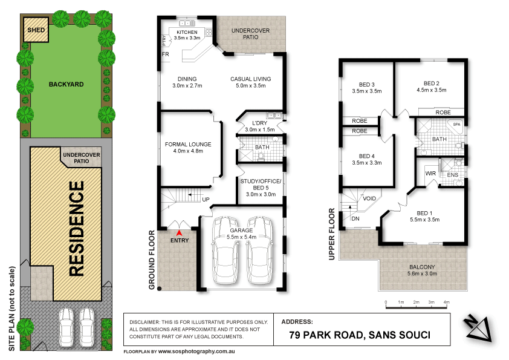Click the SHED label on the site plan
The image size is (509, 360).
pos(34,28)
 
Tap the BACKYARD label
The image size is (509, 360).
pos(66,84)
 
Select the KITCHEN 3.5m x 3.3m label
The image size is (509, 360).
pos(187,34)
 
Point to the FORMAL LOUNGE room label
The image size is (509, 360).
pos(188,148)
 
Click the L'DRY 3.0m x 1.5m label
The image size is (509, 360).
pos(260,126)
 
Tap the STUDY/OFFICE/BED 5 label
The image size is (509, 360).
pos(261,188)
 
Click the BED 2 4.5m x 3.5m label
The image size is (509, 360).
pos(431,87)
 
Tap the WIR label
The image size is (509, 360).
pos(430,172)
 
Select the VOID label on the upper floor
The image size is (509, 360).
pos(369,198)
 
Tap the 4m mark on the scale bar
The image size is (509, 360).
pos(447,302)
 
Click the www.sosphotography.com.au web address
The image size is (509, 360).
pos(196,351)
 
